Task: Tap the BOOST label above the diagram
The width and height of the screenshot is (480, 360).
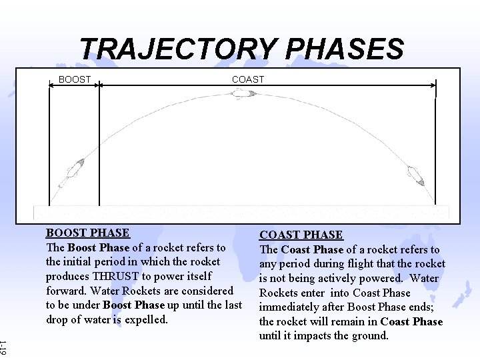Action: [75, 79]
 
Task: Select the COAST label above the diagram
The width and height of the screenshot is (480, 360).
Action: [248, 79]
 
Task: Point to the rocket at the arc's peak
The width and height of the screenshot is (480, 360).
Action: [243, 94]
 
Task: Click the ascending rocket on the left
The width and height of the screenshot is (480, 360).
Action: [71, 173]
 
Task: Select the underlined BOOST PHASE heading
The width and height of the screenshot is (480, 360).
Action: [87, 233]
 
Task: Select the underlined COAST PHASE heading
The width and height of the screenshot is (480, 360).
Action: [301, 235]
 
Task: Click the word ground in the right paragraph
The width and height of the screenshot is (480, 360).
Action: [371, 335]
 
